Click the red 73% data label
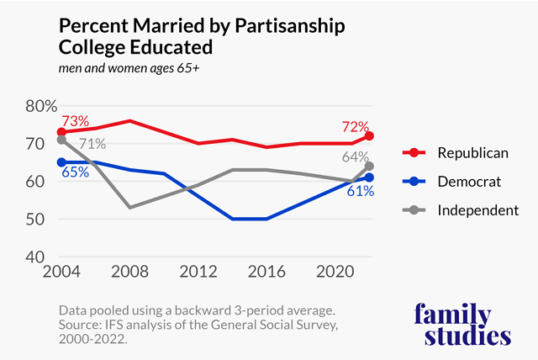click(76, 122)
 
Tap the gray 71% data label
click(92, 144)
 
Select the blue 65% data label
click(75, 173)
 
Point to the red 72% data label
click(355, 128)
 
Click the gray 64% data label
click(355, 156)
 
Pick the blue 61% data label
click(360, 191)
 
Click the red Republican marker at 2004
click(61, 132)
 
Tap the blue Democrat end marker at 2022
click(369, 177)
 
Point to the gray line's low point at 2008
click(129, 207)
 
